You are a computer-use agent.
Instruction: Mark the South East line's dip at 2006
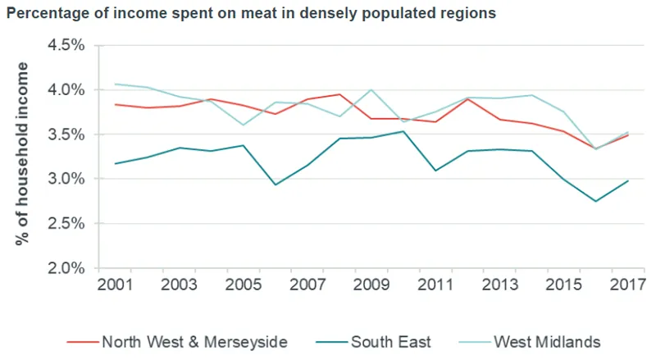(276, 185)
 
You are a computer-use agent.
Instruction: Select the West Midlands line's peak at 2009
(371, 89)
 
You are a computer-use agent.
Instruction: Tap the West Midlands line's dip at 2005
(244, 125)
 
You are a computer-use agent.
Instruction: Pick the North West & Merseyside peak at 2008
(339, 94)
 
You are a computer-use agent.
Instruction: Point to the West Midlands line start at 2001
(116, 84)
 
